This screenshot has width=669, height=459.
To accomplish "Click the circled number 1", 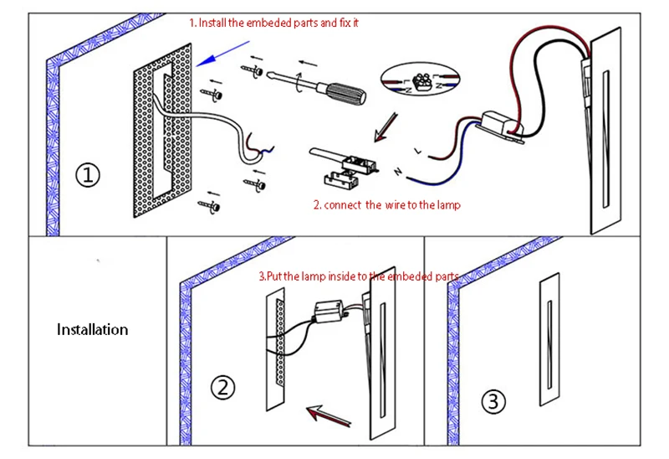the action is (x=88, y=175).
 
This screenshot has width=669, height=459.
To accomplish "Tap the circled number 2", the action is (x=222, y=387).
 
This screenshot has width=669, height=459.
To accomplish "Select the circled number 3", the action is (x=493, y=402).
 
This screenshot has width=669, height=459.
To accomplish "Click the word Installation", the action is (x=92, y=329).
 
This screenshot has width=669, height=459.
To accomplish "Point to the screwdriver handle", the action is (x=346, y=92).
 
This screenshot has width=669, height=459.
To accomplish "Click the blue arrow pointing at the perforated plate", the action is (x=222, y=54).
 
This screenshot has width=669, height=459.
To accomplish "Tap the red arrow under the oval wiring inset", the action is (x=386, y=127).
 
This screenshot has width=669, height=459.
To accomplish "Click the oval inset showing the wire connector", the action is (x=420, y=80).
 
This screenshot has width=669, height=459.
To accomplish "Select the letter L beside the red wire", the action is (x=417, y=151).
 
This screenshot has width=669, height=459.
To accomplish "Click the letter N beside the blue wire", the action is (x=398, y=172).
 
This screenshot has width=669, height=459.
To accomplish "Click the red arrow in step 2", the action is (x=329, y=415).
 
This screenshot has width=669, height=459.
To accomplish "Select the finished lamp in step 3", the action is (x=549, y=339).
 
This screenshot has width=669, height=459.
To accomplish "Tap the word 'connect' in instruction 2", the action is (x=343, y=205).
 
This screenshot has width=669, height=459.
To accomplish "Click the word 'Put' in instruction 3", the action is (x=274, y=276).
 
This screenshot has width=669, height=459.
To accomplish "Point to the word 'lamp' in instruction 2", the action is (x=448, y=205).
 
